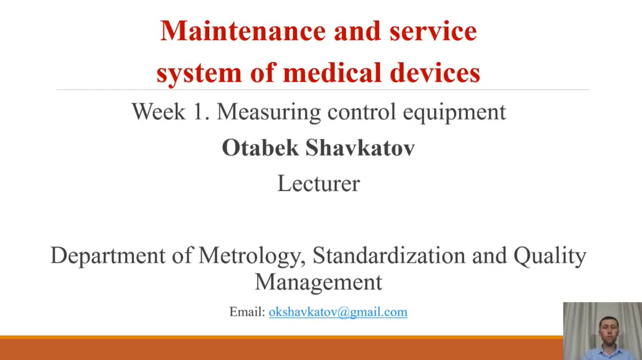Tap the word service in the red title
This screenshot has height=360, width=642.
point(433,31)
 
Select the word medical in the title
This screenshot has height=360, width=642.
point(332,72)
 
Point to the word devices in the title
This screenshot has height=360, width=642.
point(435,72)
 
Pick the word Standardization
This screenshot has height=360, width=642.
point(389,256)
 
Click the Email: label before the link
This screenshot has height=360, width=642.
point(247,312)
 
